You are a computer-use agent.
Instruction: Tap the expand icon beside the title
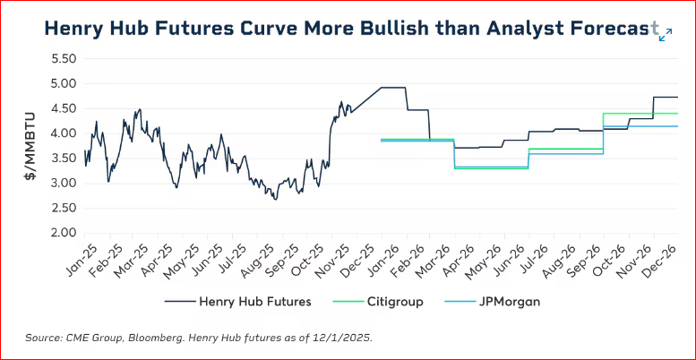(x=666, y=34)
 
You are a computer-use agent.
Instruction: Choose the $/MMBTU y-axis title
(x=30, y=146)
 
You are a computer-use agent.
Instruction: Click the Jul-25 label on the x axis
(x=234, y=260)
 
